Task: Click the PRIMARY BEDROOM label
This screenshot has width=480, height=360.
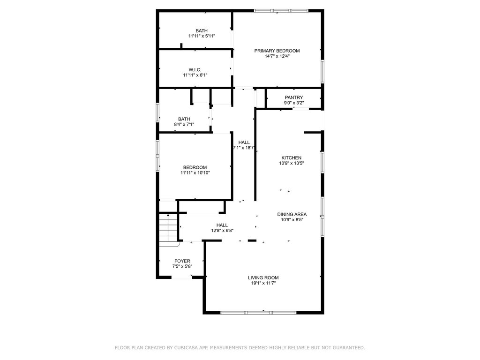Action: (277, 51)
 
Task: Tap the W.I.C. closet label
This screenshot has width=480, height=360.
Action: (195, 70)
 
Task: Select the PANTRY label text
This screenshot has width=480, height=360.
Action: (293, 97)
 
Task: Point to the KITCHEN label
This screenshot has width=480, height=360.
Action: (292, 157)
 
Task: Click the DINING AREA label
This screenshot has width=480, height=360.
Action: (292, 214)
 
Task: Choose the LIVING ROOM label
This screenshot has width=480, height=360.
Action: (263, 277)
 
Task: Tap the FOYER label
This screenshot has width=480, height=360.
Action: (182, 261)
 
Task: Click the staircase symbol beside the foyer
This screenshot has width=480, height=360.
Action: (168, 228)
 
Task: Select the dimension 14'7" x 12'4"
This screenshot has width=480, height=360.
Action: (277, 56)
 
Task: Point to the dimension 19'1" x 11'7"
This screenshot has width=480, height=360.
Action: (263, 283)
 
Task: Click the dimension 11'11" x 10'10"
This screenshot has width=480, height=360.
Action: (195, 172)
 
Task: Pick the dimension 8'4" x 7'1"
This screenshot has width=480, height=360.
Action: (184, 124)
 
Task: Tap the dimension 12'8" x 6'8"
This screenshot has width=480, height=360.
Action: (222, 231)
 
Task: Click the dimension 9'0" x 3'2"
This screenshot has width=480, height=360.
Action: (293, 103)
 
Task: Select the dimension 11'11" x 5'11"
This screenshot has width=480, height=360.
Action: (202, 36)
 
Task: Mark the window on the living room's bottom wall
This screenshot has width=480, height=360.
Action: (258, 313)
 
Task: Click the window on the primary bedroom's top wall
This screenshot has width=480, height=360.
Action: (281, 11)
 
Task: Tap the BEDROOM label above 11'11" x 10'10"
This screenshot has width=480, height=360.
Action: (195, 167)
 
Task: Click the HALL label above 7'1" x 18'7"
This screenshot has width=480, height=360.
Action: (244, 142)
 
